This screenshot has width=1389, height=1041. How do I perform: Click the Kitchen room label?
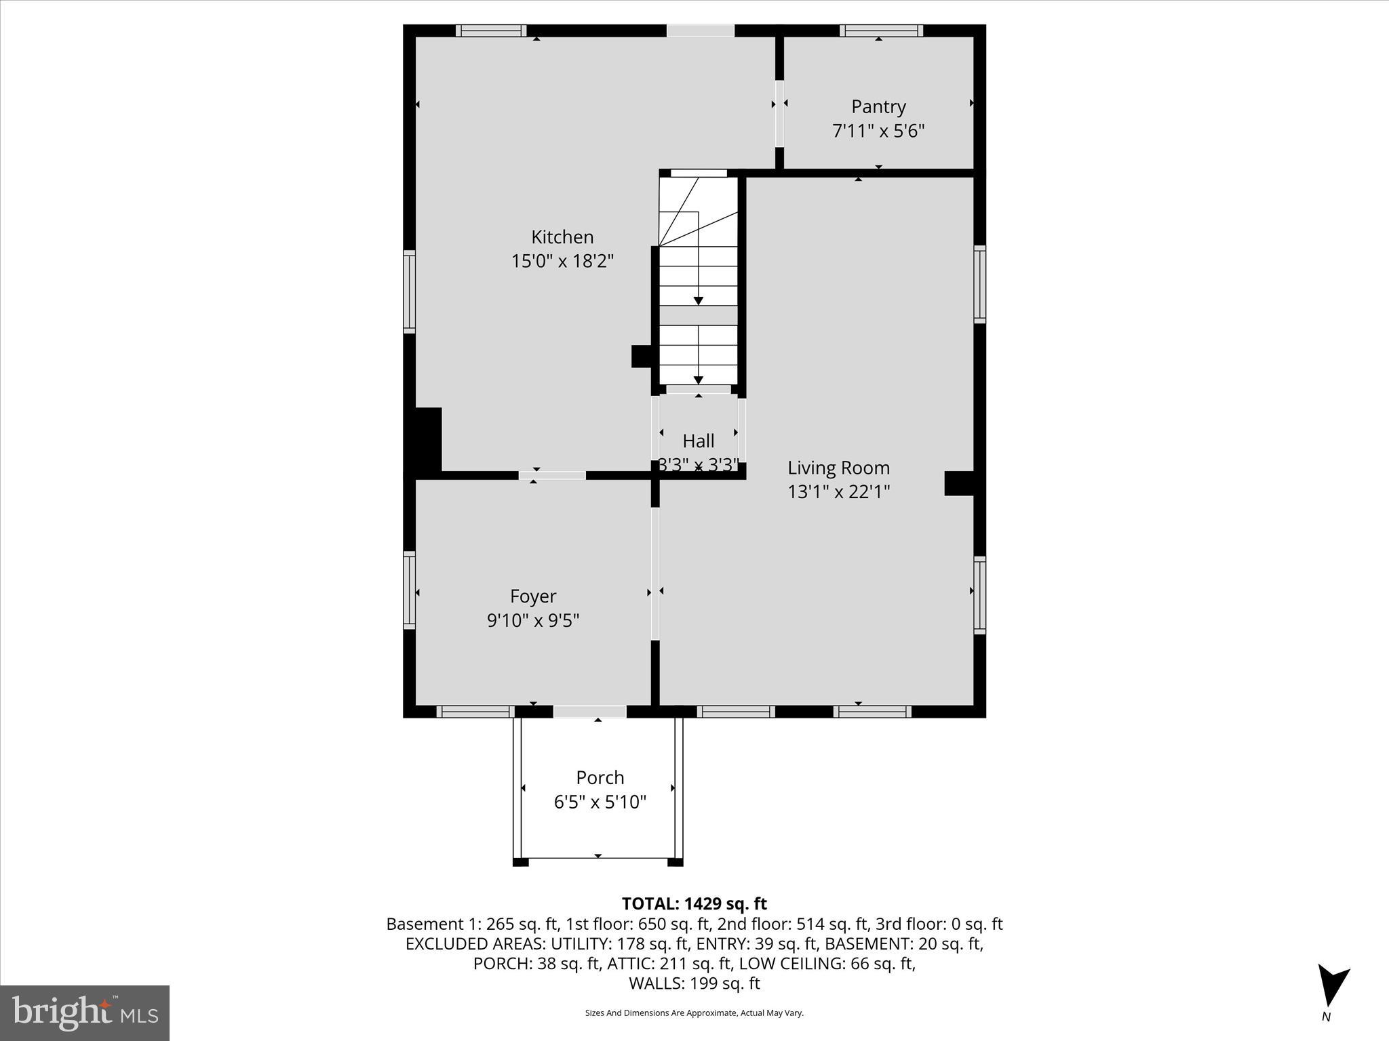(562, 237)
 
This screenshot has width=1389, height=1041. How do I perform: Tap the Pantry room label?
(878, 107)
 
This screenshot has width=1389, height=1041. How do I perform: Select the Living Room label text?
(838, 468)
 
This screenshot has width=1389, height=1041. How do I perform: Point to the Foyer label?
(533, 596)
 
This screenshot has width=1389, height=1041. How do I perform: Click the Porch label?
(600, 777)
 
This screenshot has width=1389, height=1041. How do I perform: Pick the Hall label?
(699, 441)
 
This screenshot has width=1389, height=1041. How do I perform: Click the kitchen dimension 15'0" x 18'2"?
(562, 261)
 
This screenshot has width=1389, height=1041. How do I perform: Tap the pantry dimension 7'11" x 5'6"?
(878, 131)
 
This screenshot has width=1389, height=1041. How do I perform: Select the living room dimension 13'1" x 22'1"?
(838, 491)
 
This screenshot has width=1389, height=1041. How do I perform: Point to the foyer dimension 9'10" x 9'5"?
(533, 620)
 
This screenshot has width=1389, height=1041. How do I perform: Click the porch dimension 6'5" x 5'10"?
(600, 802)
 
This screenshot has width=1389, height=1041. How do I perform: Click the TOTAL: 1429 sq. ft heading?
(694, 903)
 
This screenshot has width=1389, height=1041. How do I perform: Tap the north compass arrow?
(1332, 986)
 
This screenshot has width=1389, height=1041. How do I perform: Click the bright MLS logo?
(85, 1013)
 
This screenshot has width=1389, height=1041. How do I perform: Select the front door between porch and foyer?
(589, 712)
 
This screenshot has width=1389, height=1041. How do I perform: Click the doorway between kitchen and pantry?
(779, 113)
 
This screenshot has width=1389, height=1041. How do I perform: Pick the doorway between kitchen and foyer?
(552, 475)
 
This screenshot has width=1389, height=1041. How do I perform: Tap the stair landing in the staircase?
(699, 315)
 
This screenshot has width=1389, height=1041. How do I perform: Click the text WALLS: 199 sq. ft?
(694, 983)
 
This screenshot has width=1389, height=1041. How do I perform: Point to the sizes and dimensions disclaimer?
(694, 1013)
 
